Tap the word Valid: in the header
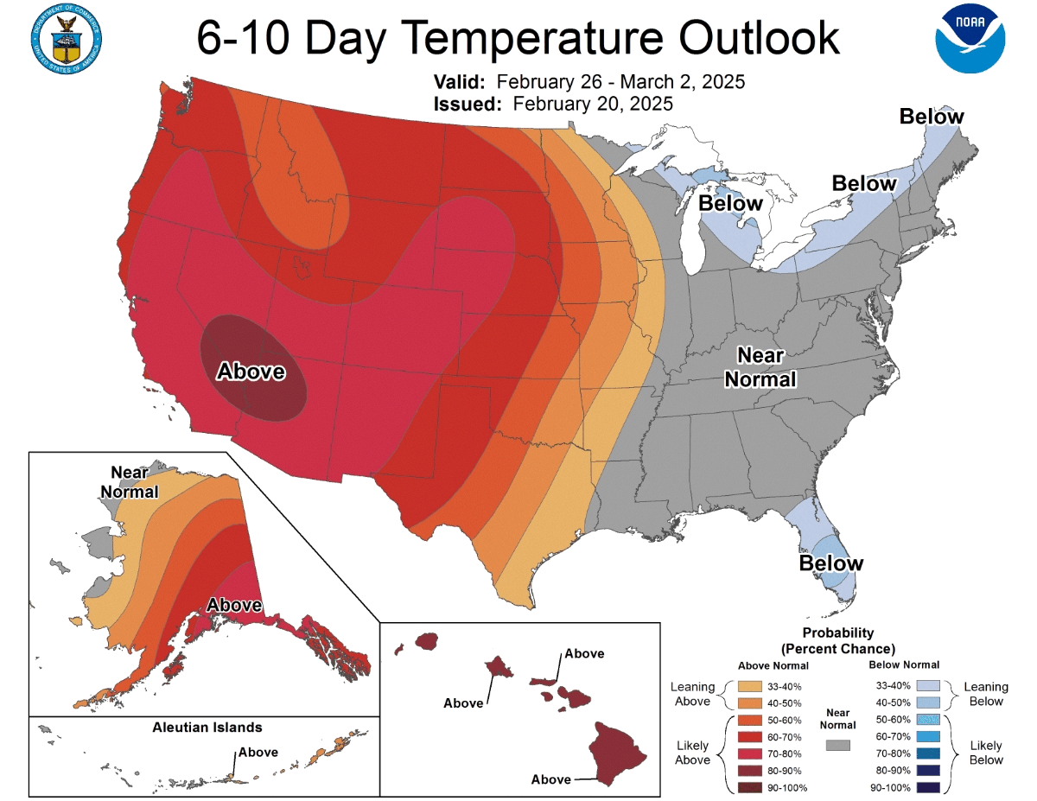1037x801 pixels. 461,82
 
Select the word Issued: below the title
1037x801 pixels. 468,104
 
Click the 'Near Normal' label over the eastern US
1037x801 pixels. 760,367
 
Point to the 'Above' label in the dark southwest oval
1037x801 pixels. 251,372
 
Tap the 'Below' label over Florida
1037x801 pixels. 830,563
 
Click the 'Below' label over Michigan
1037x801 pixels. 730,203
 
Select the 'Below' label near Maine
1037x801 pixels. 932,117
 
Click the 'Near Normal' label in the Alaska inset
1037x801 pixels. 134,482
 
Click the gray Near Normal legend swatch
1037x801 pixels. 838,745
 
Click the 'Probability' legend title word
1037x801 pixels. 837,633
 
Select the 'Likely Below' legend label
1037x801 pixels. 986,752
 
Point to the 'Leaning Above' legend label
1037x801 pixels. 693,694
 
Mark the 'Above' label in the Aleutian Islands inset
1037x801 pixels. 258,752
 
